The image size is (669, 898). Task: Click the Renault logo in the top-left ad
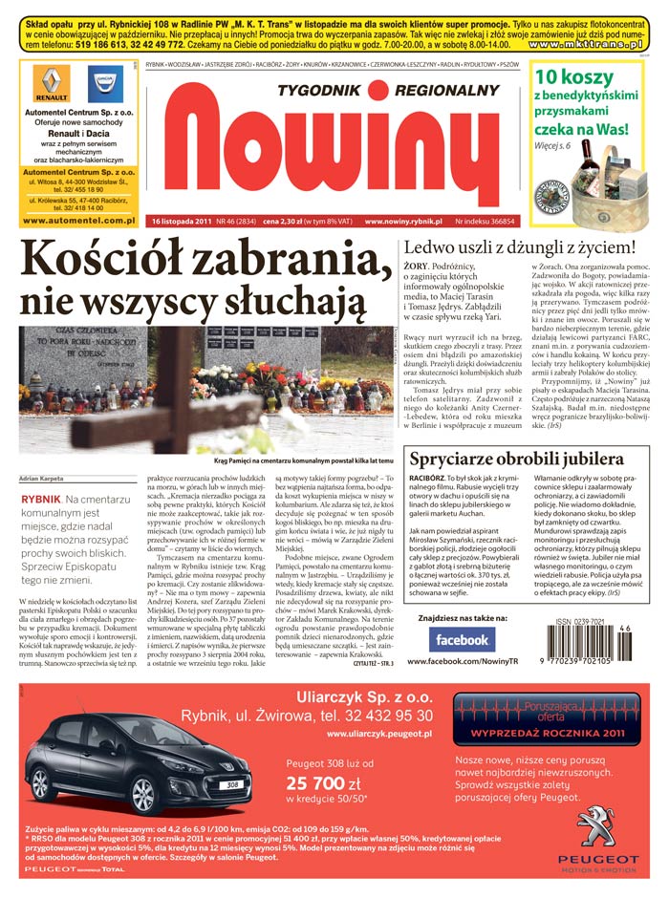click(52, 84)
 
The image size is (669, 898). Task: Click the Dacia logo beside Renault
click(105, 84)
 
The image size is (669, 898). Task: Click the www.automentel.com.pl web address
click(77, 221)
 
